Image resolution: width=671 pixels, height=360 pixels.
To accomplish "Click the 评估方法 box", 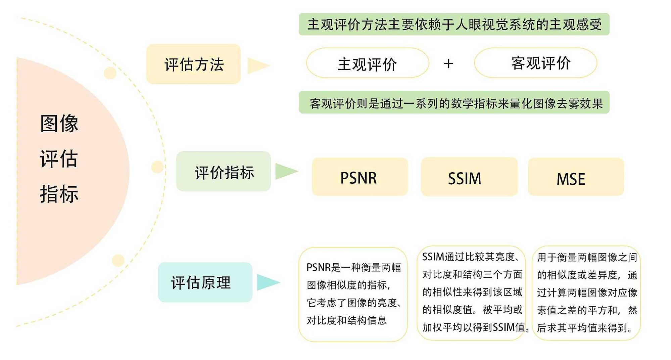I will point(193,64).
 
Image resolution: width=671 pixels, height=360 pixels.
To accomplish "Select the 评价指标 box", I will point(223,171).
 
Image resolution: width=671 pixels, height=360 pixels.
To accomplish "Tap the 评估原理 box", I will point(205,282).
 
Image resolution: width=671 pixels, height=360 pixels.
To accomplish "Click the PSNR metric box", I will point(360,177).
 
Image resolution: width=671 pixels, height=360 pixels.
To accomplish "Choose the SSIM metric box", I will point(469,177).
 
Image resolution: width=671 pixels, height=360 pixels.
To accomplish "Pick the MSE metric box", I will point(576,177).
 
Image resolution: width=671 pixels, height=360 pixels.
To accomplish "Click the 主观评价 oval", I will point(367,63).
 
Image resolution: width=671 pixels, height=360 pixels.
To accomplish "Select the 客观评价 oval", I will point(535,63).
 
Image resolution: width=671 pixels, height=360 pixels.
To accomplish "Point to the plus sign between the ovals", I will point(448,63).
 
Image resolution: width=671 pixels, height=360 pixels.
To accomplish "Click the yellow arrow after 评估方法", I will point(257,65).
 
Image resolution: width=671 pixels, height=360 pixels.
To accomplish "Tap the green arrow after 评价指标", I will point(285,171).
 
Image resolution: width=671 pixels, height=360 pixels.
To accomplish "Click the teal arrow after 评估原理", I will point(267,282).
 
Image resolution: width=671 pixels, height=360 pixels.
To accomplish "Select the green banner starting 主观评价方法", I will point(454,24).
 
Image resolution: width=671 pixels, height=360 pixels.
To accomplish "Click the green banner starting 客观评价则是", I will point(454,102).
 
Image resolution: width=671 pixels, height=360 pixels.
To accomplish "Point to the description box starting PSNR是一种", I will point(353,294).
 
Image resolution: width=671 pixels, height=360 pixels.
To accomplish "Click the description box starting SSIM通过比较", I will point(471,293).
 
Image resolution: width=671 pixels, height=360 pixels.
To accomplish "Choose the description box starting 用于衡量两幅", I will point(586,293).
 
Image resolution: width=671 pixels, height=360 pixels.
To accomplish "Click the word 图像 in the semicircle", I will point(59,124).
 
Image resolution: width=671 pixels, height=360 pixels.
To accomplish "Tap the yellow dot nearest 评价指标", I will point(157,167).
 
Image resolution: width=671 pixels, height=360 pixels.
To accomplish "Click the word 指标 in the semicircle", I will point(59,194).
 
